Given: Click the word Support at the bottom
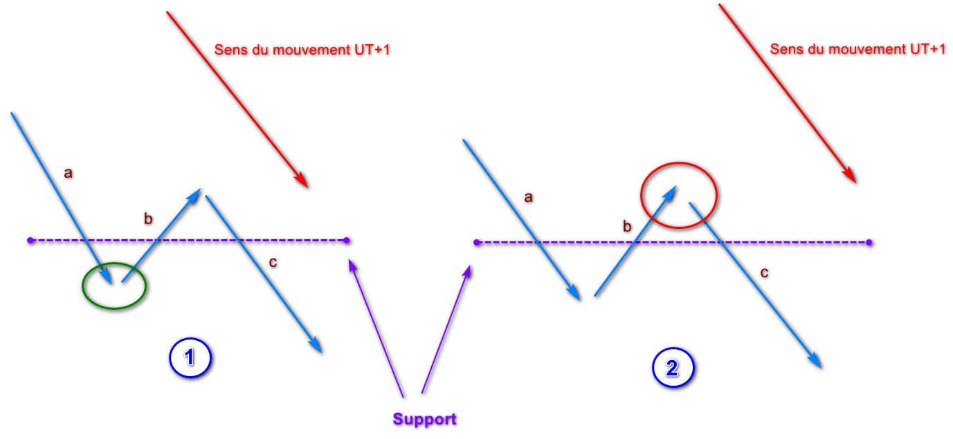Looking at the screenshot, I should tap(424, 419).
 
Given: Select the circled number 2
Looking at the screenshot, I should tap(671, 369).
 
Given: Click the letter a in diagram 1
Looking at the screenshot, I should tap(68, 174).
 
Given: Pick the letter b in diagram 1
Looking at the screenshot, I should tap(147, 220).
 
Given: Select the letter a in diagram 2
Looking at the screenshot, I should tap(529, 198).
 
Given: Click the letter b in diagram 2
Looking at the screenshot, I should tap(628, 226).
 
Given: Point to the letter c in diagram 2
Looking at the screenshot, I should tap(764, 273).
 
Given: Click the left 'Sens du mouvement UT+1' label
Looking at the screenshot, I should tap(303, 50).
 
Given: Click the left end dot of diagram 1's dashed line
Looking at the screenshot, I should tap(30, 241).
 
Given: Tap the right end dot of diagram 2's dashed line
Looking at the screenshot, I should tap(869, 243).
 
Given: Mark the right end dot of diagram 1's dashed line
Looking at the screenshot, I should tap(347, 241).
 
